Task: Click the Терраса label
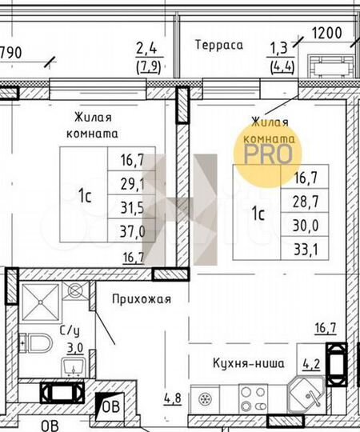218,46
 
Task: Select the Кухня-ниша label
248,363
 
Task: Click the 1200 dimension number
327,34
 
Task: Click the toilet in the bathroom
35,342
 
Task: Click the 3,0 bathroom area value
74,347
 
